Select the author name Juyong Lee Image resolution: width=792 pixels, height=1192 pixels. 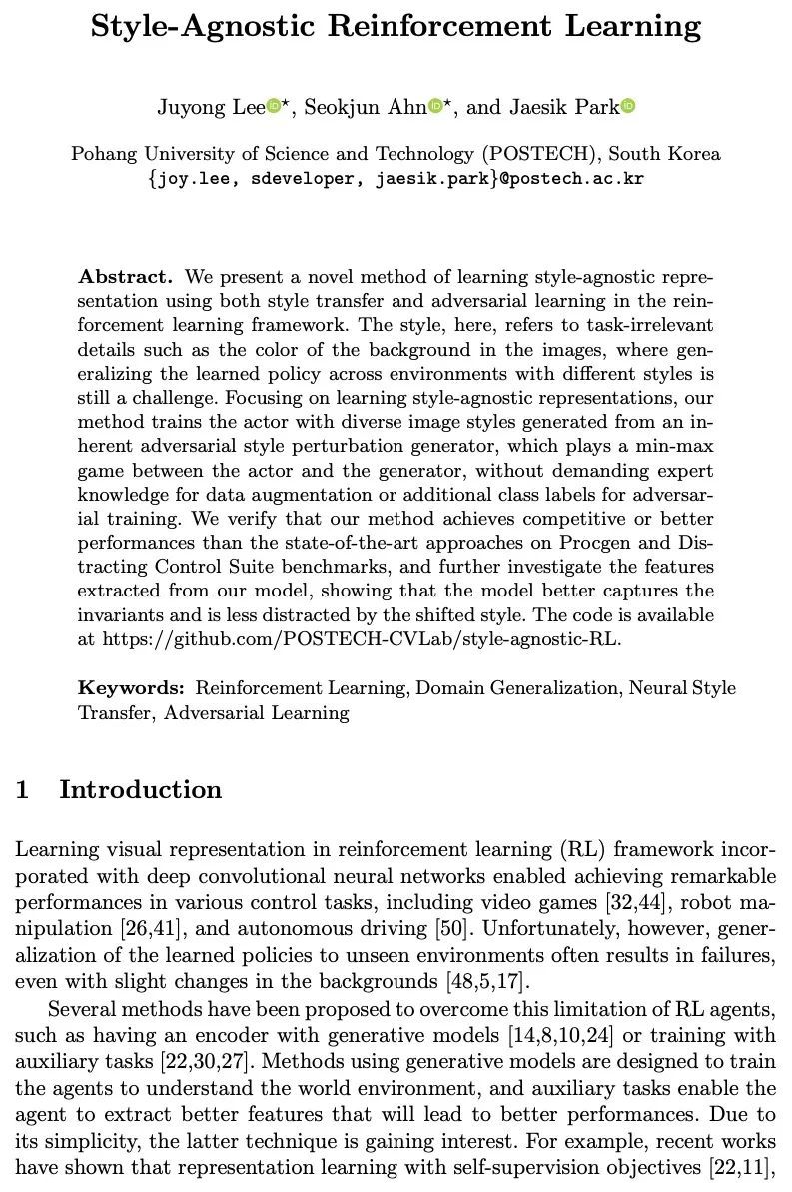tap(210, 107)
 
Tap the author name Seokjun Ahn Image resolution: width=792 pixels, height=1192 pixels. tap(365, 107)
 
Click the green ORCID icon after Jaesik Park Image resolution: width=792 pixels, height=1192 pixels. tap(628, 107)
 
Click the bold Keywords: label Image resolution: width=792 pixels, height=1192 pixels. tap(132, 687)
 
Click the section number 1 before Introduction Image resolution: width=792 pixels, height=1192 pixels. tap(22, 789)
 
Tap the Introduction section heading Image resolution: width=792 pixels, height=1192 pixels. tap(140, 789)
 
